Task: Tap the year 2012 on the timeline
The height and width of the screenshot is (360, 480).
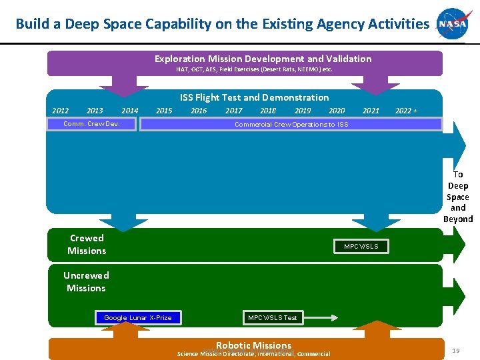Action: pyautogui.click(x=60, y=111)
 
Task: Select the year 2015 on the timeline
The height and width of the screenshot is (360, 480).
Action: pyautogui.click(x=163, y=111)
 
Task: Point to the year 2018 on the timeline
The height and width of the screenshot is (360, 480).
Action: pyautogui.click(x=268, y=111)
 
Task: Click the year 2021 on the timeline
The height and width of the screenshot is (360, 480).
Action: pyautogui.click(x=371, y=111)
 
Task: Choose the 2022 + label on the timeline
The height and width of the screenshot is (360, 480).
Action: pyautogui.click(x=407, y=111)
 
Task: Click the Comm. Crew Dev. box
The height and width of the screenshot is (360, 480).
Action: pyautogui.click(x=91, y=124)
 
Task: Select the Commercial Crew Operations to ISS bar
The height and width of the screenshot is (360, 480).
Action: pyautogui.click(x=291, y=124)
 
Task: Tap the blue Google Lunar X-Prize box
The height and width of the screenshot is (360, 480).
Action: pyautogui.click(x=138, y=317)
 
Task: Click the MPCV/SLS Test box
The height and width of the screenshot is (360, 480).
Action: pyautogui.click(x=273, y=317)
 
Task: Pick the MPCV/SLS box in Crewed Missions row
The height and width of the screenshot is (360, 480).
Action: pyautogui.click(x=361, y=247)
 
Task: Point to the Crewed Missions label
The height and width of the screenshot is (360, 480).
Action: pyautogui.click(x=87, y=245)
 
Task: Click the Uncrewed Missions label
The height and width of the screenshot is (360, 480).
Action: pyautogui.click(x=86, y=281)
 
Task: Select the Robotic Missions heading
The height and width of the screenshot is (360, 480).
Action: pyautogui.click(x=253, y=345)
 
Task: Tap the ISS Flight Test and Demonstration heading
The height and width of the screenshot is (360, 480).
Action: pyautogui.click(x=254, y=97)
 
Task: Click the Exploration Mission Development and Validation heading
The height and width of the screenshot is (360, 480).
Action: pyautogui.click(x=263, y=59)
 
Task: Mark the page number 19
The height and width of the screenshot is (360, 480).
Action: pyautogui.click(x=457, y=350)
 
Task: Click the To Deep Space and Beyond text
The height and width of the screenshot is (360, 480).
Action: pyautogui.click(x=458, y=197)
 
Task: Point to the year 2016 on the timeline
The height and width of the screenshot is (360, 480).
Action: pyautogui.click(x=199, y=111)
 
